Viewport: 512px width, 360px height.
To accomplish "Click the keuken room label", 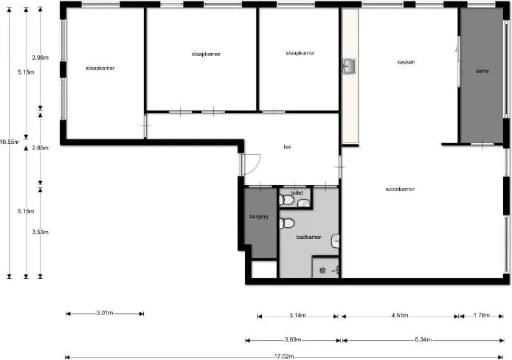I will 405,62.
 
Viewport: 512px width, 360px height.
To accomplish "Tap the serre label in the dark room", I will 482,70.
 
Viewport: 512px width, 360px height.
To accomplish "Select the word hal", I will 287,147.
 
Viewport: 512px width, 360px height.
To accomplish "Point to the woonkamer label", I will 400,190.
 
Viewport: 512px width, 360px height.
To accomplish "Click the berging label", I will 257,218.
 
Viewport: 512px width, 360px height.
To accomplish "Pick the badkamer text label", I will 308,237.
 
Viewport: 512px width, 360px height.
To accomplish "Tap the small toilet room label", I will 297,193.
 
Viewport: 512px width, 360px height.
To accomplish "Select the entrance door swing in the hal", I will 251,164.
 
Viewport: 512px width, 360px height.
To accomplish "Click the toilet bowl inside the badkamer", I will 287,223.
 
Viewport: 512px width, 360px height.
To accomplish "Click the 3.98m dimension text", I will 41,57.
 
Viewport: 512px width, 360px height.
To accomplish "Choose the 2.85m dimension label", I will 41,148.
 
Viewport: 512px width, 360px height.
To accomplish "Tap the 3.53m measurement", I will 41,232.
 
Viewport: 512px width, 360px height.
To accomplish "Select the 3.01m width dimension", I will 105,313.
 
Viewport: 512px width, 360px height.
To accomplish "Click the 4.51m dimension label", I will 398,316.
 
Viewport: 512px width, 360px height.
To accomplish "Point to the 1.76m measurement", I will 481,316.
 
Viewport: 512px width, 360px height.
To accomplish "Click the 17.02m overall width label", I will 283,357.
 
